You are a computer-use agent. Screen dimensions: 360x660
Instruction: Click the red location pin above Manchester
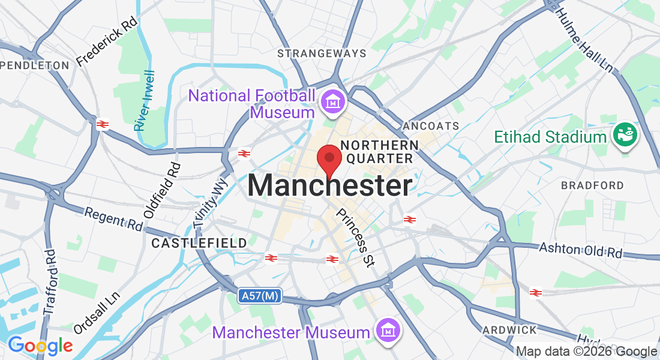coord(329,158)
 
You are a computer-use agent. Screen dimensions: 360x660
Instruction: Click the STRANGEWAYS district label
coord(322,53)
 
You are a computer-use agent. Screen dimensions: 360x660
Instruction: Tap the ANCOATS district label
coord(431,126)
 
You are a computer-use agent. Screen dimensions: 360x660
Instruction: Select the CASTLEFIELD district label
coord(199,243)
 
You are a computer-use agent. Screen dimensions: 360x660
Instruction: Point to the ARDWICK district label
coord(510,330)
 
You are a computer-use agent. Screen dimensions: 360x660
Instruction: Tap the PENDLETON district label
coord(35,65)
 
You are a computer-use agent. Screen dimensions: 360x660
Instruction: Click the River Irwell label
coord(145,101)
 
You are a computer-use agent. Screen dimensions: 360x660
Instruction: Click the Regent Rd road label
coord(113,220)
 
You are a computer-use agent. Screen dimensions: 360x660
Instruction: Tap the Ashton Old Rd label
coord(581,250)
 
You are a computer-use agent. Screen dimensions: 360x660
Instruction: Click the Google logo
coord(40,346)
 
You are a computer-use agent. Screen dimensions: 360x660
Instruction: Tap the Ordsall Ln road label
coord(97,313)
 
